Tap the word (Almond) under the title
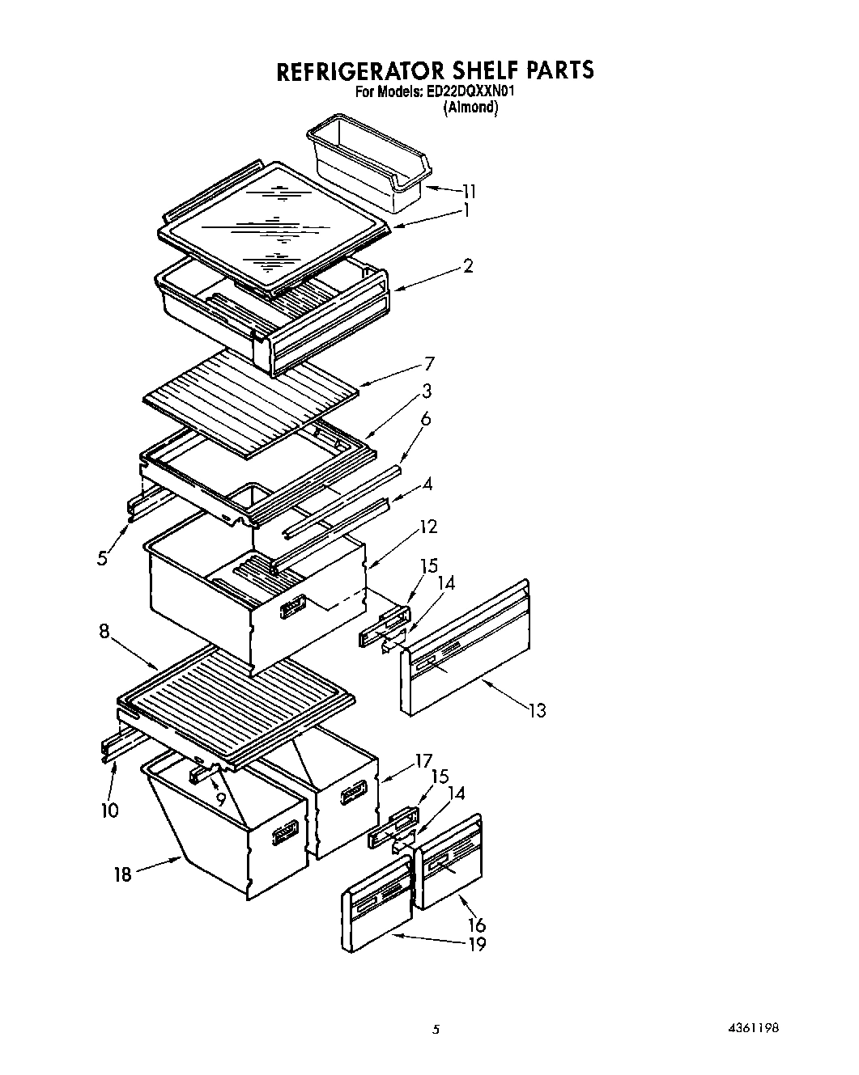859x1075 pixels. tap(470, 108)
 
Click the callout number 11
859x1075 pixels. tap(469, 192)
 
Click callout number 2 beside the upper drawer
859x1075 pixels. tap(468, 265)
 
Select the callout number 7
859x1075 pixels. tap(429, 363)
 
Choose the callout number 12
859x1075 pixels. tap(428, 527)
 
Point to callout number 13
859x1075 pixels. tap(537, 710)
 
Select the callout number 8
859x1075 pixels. tap(104, 631)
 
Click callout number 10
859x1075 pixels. tap(110, 810)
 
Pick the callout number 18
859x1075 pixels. tap(122, 874)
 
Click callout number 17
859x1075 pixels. tap(423, 761)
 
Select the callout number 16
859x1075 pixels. tap(477, 925)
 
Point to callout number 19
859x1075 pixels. tap(477, 944)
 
